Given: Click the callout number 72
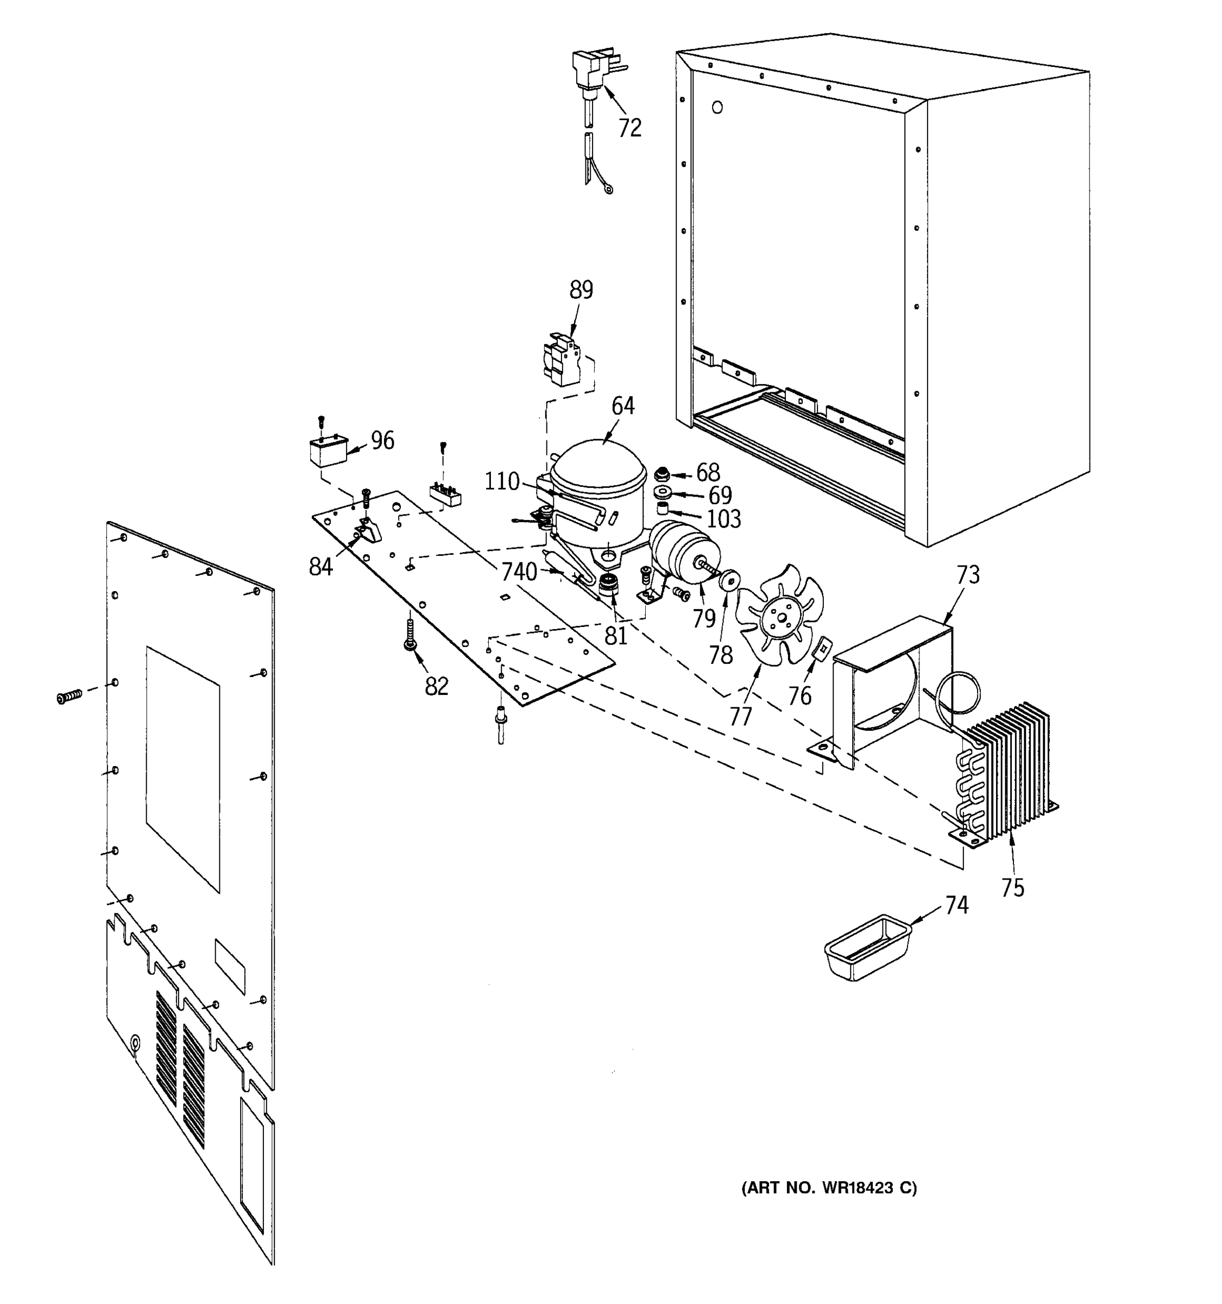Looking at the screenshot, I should tap(629, 128).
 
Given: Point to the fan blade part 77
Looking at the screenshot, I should tap(780, 613).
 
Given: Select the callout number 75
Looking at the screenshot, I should tap(1012, 888).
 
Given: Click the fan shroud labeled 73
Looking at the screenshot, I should tap(892, 682).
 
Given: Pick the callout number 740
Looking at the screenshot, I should tap(519, 572).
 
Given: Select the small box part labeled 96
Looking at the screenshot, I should tap(329, 452).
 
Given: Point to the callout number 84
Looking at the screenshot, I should tap(320, 567).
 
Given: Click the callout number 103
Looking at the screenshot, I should tap(724, 519).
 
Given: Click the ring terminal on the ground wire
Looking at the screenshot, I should tap(609, 191).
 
